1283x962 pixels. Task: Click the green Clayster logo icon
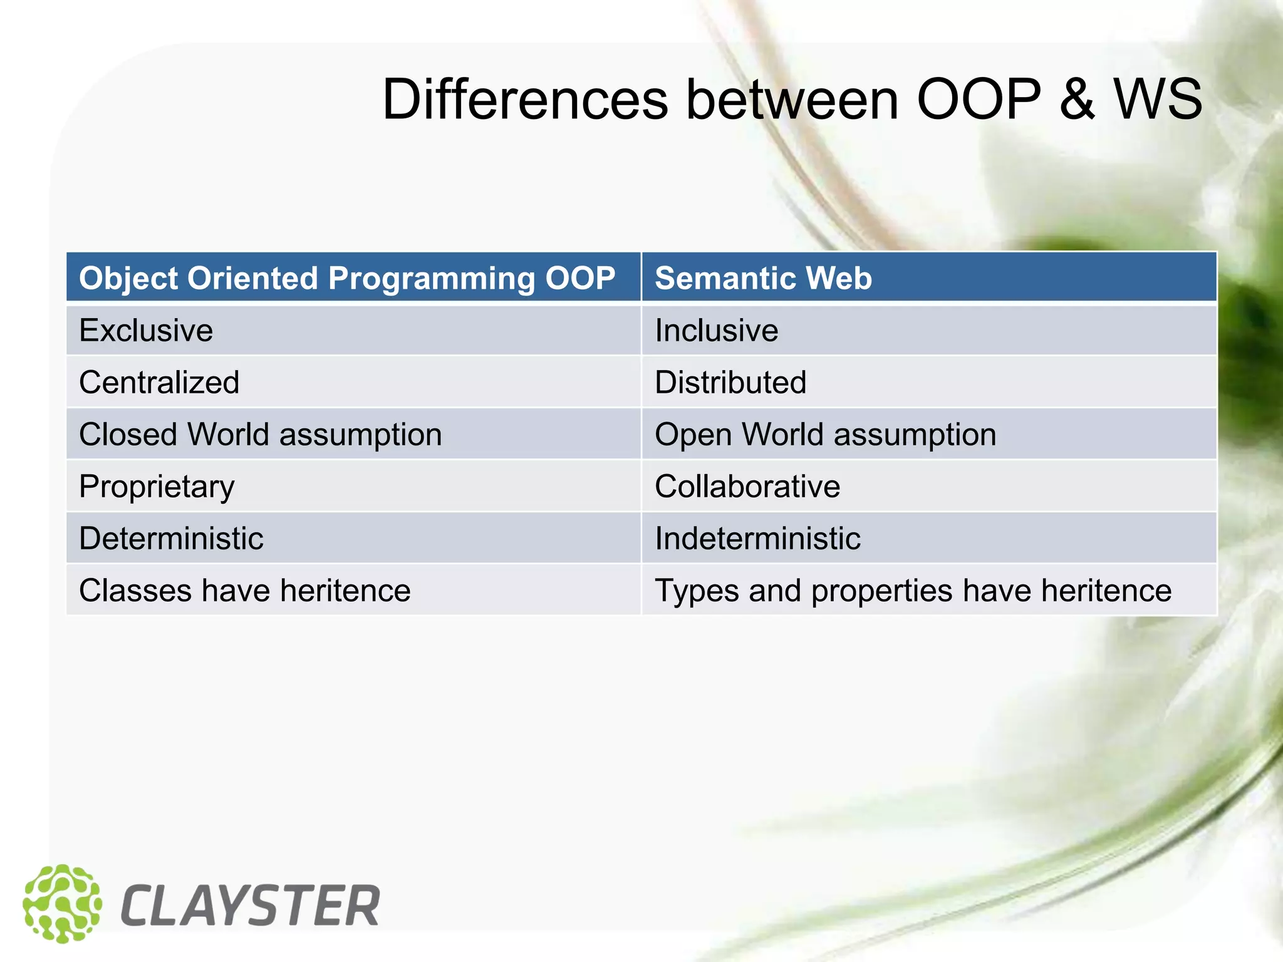click(62, 904)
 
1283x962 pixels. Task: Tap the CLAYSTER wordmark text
click(250, 906)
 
